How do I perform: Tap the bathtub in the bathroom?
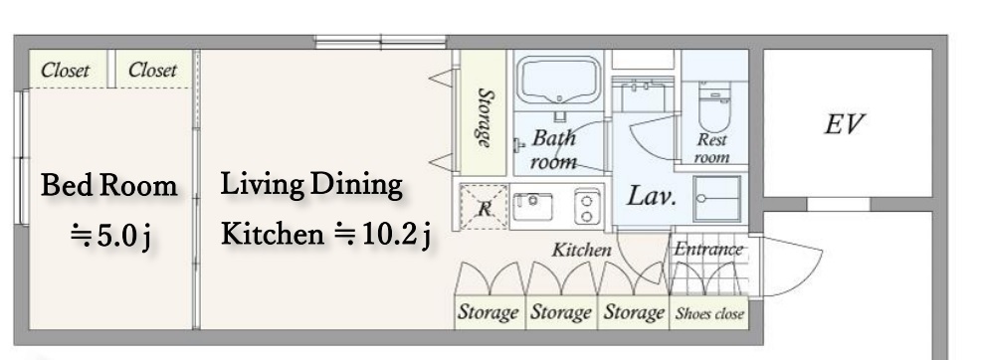559,80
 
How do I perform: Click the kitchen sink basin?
532,207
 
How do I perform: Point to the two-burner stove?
586,206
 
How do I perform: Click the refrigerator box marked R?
484,207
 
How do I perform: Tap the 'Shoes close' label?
709,313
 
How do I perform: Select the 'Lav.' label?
652,197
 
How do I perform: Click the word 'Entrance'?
708,250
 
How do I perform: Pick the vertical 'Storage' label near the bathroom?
484,117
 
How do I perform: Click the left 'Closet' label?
66,71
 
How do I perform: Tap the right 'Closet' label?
152,70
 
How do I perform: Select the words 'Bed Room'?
109,186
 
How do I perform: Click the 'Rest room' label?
711,149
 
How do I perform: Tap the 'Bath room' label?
553,149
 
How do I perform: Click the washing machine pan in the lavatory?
716,199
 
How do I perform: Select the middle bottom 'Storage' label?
561,312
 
